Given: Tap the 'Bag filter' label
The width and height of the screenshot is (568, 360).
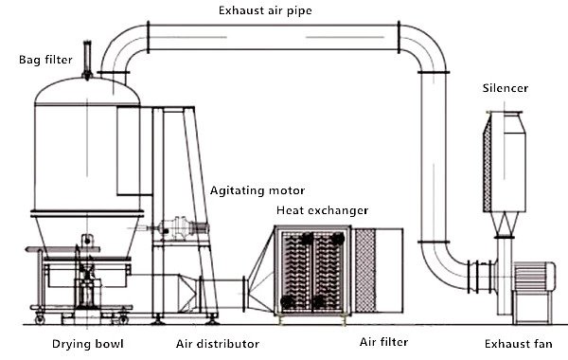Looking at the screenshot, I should point(44,60).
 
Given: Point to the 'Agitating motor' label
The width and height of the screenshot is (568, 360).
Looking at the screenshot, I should point(250,189).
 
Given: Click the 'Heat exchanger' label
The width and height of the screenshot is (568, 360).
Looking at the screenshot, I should point(323,209).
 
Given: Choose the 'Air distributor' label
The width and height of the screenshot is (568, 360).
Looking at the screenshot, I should point(217,342).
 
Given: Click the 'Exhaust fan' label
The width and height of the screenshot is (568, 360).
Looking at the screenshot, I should point(514,342).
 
